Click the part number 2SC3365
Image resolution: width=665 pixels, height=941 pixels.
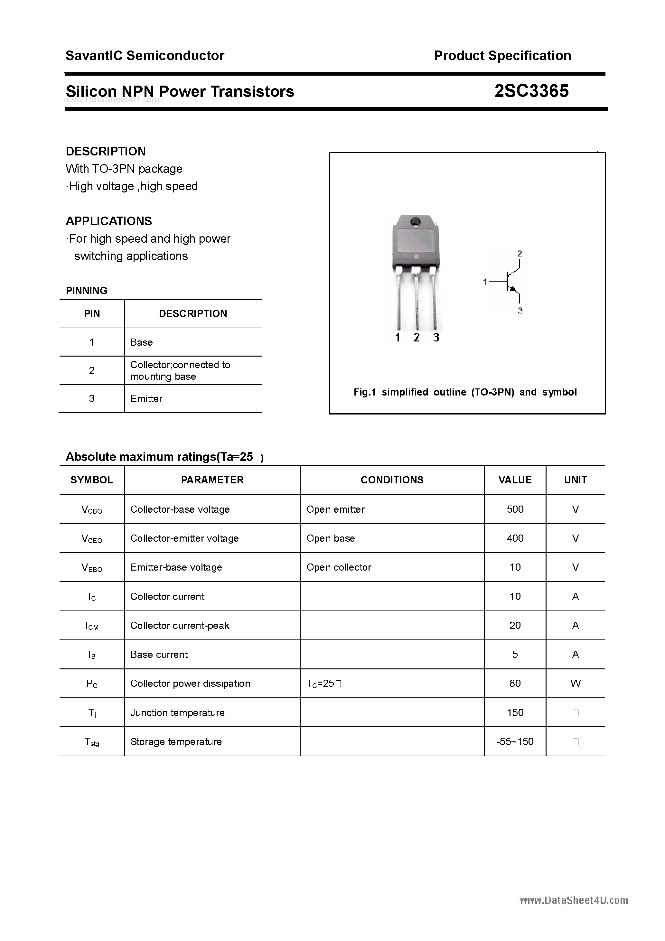tap(531, 91)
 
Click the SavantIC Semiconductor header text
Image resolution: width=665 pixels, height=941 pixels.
tap(145, 55)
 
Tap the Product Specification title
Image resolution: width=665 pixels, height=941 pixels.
tap(502, 55)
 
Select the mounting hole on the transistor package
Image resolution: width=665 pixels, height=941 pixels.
tap(415, 221)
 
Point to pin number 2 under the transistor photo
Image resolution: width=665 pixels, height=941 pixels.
tap(417, 337)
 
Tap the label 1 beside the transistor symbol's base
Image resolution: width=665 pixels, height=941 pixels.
tap(485, 282)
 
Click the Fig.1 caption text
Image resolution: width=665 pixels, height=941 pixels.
tap(465, 392)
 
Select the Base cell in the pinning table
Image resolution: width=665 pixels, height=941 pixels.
tap(141, 342)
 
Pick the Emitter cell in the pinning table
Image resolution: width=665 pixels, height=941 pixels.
tap(146, 398)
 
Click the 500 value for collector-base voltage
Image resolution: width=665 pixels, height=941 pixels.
tap(515, 509)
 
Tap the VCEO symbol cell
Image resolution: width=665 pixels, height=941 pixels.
tap(92, 538)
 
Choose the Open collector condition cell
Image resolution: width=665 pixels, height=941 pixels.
tap(339, 567)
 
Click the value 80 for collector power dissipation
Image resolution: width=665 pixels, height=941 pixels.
tap(515, 683)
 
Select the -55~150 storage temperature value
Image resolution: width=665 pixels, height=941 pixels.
tap(515, 741)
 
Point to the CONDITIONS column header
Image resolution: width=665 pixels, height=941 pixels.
tap(392, 480)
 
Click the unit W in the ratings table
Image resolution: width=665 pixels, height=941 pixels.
tap(575, 683)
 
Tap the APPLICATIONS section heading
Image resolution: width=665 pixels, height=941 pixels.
tap(109, 221)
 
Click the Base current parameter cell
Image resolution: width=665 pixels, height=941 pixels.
tap(159, 655)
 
